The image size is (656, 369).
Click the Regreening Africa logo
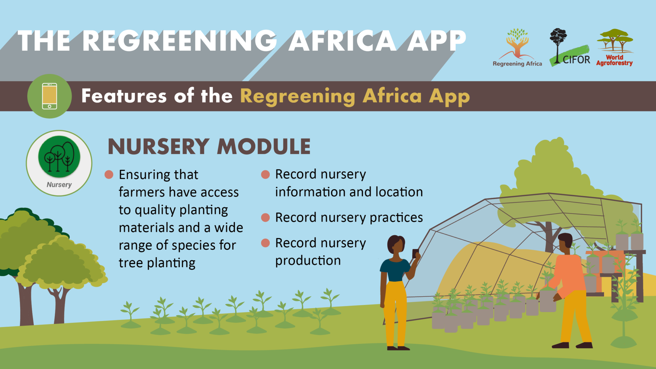(x=517, y=47)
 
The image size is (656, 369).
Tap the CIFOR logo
(x=570, y=47)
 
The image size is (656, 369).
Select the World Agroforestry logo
(x=615, y=47)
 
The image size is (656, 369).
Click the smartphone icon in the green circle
(x=50, y=96)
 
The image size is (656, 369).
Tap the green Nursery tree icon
(x=59, y=157)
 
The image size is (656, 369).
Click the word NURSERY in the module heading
(x=159, y=147)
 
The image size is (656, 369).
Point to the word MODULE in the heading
(x=264, y=147)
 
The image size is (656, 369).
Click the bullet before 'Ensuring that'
(x=109, y=175)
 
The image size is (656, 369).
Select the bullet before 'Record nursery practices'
(x=265, y=218)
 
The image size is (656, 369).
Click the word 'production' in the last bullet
(x=308, y=261)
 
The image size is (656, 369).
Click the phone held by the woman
(x=415, y=253)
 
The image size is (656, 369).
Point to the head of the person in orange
(x=565, y=242)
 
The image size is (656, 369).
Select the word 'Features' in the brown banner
(x=124, y=96)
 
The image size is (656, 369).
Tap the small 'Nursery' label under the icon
(x=59, y=185)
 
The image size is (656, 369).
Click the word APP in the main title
(x=436, y=41)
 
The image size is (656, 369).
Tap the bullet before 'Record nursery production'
(x=265, y=243)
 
